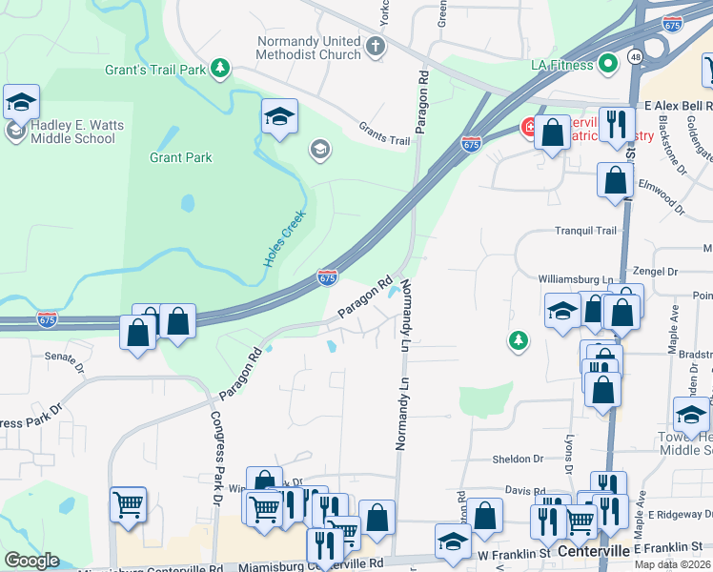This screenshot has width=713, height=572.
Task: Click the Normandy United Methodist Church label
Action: click(x=309, y=49)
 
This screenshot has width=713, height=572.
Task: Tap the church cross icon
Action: click(x=377, y=44)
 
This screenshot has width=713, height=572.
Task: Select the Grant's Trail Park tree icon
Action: click(x=221, y=67)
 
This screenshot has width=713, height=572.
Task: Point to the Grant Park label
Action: click(x=181, y=157)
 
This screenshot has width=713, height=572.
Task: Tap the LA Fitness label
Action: click(x=561, y=65)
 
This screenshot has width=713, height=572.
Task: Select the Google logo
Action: click(x=31, y=561)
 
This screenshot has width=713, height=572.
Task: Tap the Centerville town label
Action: click(x=595, y=552)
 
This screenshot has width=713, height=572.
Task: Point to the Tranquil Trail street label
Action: click(x=587, y=231)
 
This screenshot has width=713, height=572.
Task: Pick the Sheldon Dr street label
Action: click(x=518, y=459)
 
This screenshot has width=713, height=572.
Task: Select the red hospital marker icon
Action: click(x=527, y=127)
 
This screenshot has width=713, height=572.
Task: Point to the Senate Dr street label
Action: click(x=65, y=357)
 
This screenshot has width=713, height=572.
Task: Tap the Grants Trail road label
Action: click(x=384, y=134)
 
